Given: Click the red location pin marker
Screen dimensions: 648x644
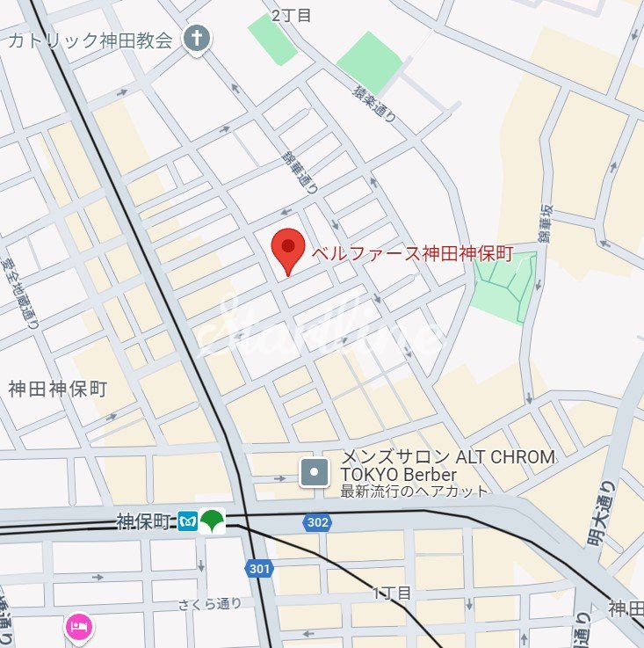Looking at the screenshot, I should click(286, 251).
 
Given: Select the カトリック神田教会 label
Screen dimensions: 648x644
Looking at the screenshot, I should click(90, 40).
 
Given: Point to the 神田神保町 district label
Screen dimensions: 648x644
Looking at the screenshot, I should click(57, 389).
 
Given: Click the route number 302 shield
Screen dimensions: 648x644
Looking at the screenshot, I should click(318, 522).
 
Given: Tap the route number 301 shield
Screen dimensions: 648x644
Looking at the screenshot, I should click(259, 569).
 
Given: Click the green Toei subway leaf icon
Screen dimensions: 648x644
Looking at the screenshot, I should click(212, 521).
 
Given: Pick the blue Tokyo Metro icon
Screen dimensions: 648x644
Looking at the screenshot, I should click(187, 521).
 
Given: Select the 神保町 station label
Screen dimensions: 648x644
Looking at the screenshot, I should click(142, 521).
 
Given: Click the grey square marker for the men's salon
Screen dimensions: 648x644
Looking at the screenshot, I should click(314, 473).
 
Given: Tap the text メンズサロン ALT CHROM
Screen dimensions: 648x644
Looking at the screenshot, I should click(447, 457).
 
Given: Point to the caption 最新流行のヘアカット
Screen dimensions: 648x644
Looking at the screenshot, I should click(414, 491).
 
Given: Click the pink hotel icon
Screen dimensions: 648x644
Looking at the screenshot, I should click(78, 627).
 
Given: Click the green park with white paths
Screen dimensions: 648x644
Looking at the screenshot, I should click(503, 288).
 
